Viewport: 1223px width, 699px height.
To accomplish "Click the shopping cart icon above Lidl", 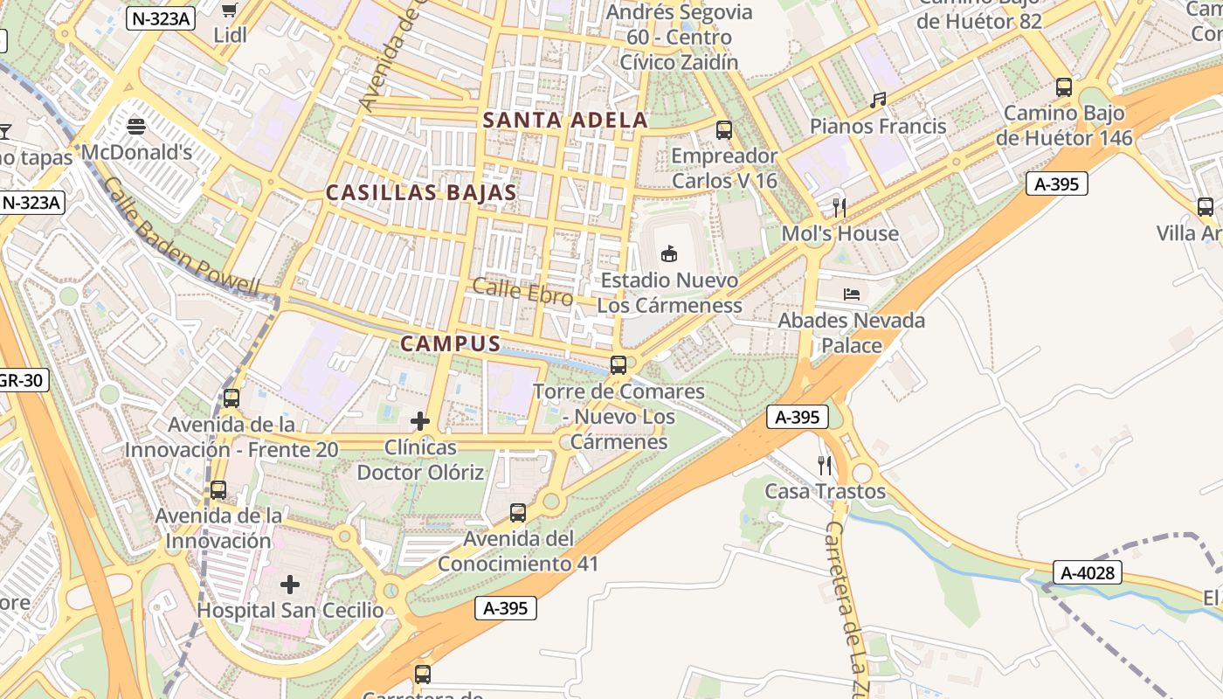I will click(230, 10).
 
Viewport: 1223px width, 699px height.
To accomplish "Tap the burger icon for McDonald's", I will click(135, 127).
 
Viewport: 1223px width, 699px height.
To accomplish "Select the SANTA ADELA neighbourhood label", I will click(565, 121).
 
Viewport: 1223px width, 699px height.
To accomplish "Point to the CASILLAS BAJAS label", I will click(421, 193).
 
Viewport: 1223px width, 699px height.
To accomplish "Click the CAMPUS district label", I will click(451, 344).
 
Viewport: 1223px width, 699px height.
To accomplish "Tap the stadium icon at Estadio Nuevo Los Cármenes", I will click(669, 254).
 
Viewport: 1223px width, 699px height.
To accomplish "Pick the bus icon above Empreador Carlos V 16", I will click(724, 130).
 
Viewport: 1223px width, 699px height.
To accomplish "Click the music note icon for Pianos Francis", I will click(878, 100).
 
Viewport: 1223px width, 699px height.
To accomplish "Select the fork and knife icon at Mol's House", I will click(840, 208).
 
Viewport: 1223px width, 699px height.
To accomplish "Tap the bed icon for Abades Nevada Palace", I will click(852, 294).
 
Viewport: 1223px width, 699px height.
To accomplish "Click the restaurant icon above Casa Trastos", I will click(825, 465).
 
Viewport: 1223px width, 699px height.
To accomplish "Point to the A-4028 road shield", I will click(1087, 573).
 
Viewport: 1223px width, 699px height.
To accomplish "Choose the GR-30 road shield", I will click(21, 380).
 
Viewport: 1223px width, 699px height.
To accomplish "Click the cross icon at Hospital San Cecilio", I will click(290, 584).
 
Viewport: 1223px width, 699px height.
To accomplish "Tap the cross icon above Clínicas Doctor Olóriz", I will click(420, 421).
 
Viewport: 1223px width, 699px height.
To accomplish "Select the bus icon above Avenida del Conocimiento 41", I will click(518, 513).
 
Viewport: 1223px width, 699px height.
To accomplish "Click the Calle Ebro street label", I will click(522, 291).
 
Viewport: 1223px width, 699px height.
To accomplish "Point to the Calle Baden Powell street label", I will click(181, 237).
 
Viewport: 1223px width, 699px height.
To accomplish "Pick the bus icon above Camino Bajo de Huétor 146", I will click(1064, 87).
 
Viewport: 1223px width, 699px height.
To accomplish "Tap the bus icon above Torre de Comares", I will click(618, 365).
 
